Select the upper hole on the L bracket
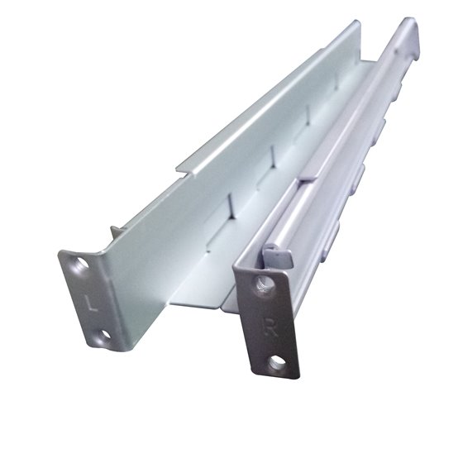coord(79,266)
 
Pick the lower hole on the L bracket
coord(104,337)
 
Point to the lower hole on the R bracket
coord(279,360)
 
